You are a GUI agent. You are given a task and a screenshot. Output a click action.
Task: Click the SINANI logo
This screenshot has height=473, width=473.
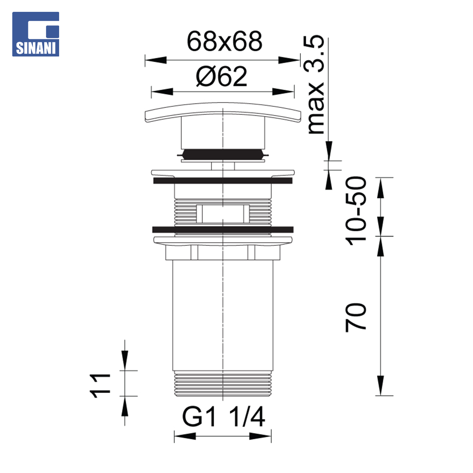[x=35, y=34]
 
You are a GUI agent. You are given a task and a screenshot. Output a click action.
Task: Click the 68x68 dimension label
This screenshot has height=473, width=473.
[x=224, y=41]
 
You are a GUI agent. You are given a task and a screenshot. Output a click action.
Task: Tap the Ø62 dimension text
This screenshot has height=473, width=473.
[x=222, y=77]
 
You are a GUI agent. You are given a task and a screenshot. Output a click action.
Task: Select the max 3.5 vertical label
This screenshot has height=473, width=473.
[x=314, y=85]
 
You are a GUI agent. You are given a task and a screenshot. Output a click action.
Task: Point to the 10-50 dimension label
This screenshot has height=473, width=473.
[x=356, y=211]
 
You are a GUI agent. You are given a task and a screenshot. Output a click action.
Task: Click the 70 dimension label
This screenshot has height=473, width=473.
[x=356, y=318]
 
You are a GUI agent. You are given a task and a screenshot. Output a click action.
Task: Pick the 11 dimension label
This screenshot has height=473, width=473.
[x=100, y=386]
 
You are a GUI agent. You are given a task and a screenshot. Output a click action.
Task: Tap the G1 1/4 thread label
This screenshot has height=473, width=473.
[x=223, y=417]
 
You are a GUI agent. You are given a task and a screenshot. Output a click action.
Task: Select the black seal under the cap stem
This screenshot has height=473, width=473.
[x=222, y=154]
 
